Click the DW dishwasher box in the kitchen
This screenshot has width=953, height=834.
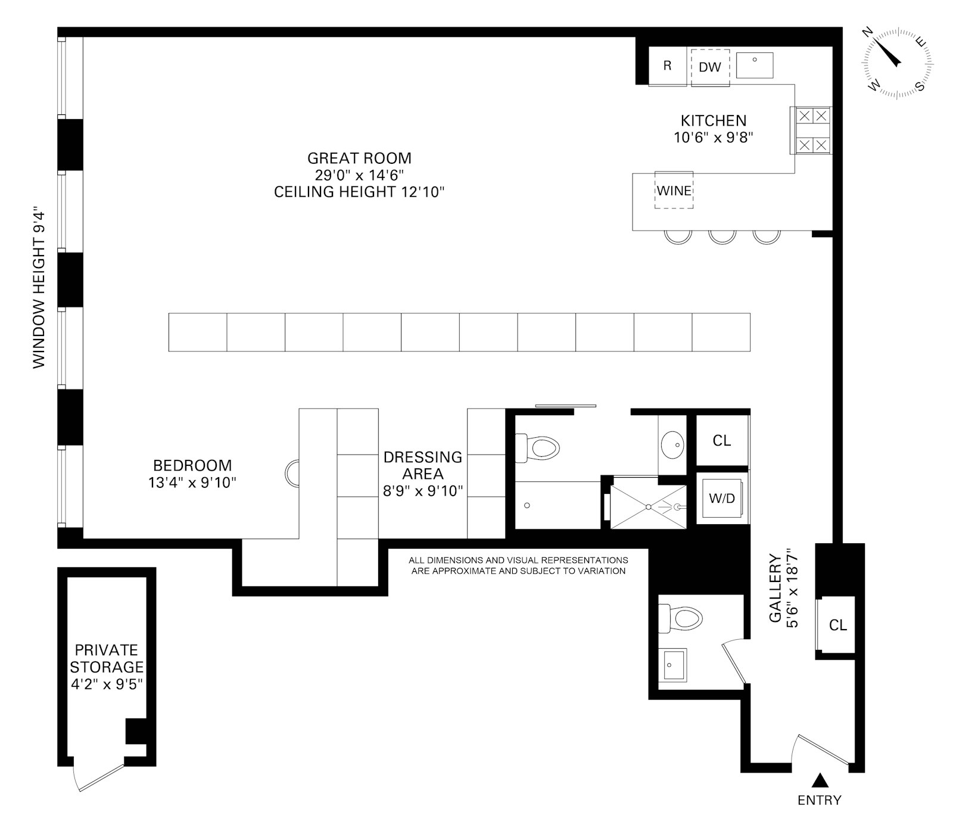click(x=710, y=67)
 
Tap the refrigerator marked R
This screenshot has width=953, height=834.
click(x=667, y=66)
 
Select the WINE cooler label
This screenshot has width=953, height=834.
click(x=674, y=191)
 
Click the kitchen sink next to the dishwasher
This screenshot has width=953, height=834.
click(x=755, y=65)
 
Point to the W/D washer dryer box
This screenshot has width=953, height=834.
click(x=721, y=498)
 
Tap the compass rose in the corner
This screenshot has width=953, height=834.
click(x=897, y=63)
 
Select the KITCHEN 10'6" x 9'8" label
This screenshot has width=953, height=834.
click(x=714, y=129)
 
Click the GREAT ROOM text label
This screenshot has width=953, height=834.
click(x=359, y=158)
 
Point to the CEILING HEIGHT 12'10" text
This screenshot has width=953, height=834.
click(x=359, y=192)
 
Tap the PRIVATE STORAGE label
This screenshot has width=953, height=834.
click(x=107, y=658)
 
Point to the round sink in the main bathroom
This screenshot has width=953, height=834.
click(x=674, y=443)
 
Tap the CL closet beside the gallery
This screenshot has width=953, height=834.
click(x=837, y=625)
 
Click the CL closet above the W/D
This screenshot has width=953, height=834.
click(x=721, y=441)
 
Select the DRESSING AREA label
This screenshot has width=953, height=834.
click(x=423, y=465)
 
